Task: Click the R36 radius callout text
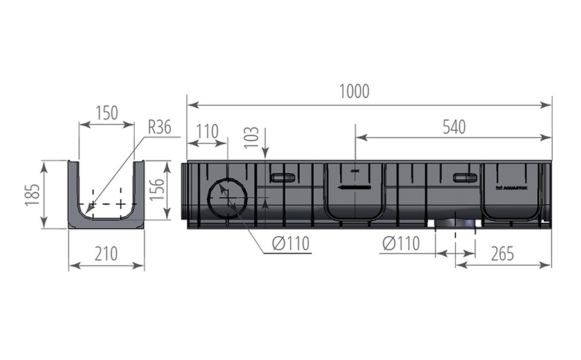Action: coord(159,127)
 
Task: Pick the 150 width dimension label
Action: coord(107,113)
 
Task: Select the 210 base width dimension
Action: coord(106,254)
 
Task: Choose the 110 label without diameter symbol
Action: coord(207,132)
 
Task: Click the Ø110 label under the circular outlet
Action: coord(290,243)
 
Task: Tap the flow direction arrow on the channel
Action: coord(354,187)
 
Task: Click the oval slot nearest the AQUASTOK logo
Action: coord(465,178)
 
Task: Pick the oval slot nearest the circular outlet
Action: coord(282,178)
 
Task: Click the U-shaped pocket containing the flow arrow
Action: coord(354,193)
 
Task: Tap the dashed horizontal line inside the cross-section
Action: coord(106,205)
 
